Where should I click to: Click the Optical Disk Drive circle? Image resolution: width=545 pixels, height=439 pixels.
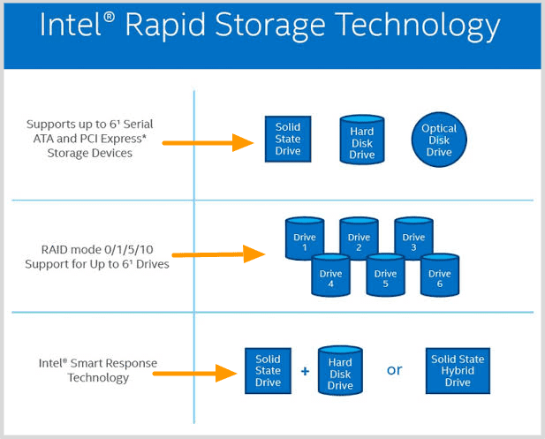click(x=439, y=140)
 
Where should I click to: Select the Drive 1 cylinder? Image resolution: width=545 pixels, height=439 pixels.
click(x=305, y=238)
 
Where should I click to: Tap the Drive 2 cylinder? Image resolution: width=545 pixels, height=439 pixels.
click(x=359, y=238)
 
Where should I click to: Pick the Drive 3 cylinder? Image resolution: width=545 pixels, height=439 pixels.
click(x=413, y=238)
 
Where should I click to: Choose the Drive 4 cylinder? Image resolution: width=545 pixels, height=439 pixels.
click(x=330, y=276)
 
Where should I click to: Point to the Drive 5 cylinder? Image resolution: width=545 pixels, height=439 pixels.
click(x=385, y=276)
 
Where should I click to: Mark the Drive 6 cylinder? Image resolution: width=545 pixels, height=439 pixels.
click(x=440, y=276)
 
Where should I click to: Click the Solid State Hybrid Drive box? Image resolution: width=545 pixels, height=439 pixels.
click(x=458, y=371)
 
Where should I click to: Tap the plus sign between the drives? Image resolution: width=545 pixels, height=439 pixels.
click(x=305, y=371)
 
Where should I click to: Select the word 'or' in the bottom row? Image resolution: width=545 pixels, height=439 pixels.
click(x=394, y=370)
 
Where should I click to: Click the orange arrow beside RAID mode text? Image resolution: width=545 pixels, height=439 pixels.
click(x=219, y=254)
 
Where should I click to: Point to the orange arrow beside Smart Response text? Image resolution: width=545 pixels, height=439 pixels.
click(x=195, y=374)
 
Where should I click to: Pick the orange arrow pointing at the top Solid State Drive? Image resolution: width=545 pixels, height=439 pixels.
click(x=208, y=142)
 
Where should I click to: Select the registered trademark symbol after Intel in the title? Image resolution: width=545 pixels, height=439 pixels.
click(x=109, y=18)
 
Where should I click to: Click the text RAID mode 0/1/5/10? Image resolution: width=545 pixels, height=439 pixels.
click(x=97, y=250)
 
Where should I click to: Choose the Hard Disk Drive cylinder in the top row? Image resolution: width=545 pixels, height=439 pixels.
click(x=362, y=140)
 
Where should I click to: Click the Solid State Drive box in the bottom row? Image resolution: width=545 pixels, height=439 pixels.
click(x=268, y=371)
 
